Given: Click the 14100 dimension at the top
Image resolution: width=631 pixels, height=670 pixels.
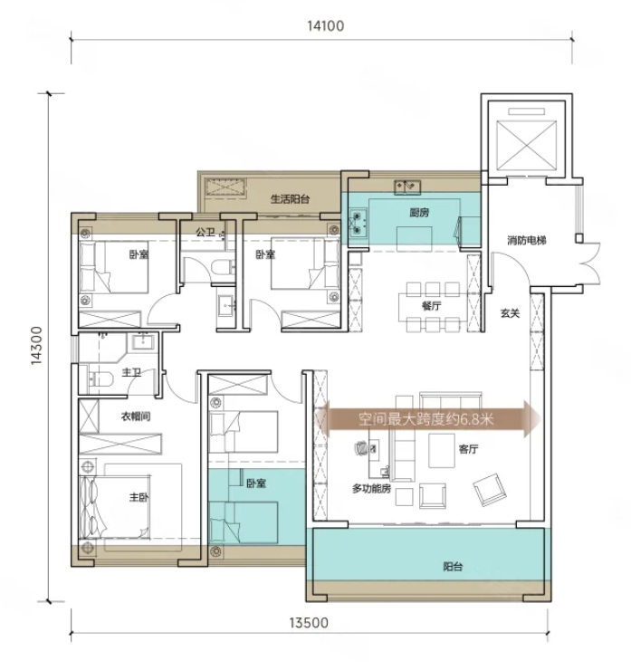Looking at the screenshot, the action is [326, 26].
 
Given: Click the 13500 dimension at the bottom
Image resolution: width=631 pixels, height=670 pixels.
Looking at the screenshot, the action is [309, 623].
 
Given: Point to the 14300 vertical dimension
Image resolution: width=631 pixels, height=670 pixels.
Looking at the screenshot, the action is [37, 346].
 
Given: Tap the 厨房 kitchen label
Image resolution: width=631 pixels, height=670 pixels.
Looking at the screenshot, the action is [419, 213].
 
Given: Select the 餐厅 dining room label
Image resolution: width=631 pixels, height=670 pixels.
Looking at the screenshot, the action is [431, 306].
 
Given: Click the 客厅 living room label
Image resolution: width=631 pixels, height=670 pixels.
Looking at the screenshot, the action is [468, 449].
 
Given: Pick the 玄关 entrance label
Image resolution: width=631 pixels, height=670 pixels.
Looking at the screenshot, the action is [510, 313].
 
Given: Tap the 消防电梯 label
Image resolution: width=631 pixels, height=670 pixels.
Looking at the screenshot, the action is [527, 240].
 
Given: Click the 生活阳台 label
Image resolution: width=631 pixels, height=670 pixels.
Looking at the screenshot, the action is [290, 198].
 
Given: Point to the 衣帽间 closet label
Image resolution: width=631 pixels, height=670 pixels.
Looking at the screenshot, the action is [136, 416].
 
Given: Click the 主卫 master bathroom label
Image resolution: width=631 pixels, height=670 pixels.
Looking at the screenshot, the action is [131, 372].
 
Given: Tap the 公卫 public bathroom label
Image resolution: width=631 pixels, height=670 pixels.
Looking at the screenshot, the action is [206, 232].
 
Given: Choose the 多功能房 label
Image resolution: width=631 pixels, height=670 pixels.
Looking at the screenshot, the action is [371, 488].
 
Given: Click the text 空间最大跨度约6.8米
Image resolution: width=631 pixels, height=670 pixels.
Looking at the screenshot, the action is [425, 419].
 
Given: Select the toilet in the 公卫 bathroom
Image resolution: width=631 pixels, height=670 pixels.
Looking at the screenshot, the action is [222, 267].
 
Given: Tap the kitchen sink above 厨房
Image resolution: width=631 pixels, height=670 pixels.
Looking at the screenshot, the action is [407, 187].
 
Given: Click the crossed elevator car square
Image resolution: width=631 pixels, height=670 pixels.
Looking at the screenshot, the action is [526, 145].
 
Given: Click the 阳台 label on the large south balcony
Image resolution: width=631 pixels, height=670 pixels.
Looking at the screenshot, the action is [453, 567].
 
